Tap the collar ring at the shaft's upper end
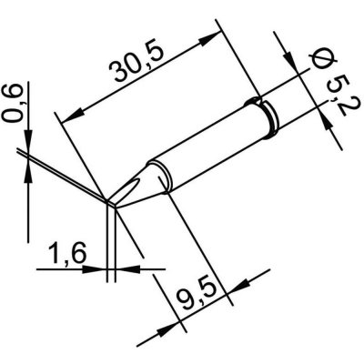pos(271,120)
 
